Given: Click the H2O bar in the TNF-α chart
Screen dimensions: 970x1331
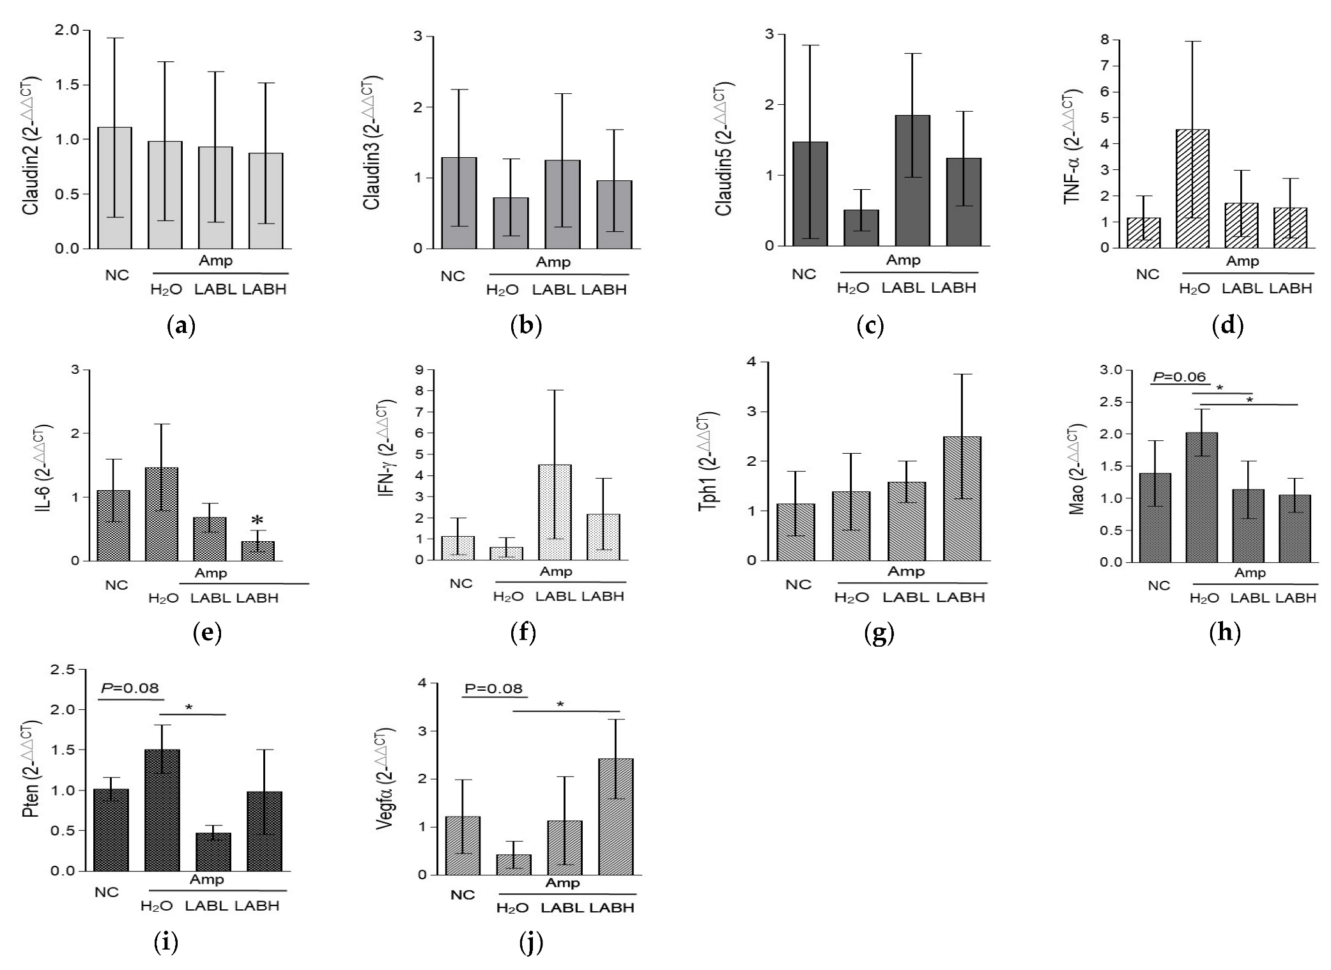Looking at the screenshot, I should [x=1192, y=189].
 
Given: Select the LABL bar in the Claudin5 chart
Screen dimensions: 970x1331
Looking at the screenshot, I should [x=912, y=181].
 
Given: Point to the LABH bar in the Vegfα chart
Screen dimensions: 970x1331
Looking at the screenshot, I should [x=615, y=817].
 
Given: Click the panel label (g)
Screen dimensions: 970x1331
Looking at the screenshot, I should [x=879, y=633].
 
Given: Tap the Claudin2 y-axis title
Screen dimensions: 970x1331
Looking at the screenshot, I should [x=31, y=145].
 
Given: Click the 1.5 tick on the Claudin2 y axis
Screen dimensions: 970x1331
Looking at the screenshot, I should [x=66, y=85].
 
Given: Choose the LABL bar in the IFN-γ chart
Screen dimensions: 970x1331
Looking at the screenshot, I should [x=555, y=512].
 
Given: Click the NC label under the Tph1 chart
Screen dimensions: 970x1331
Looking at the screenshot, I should [x=798, y=584].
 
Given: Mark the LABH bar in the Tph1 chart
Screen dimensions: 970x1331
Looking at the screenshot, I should [x=962, y=498].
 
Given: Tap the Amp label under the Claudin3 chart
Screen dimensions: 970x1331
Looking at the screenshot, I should [x=553, y=262].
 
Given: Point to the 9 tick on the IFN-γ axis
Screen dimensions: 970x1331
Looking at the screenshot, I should [x=420, y=369].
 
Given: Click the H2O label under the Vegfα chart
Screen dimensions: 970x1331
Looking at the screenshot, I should [x=512, y=908].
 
